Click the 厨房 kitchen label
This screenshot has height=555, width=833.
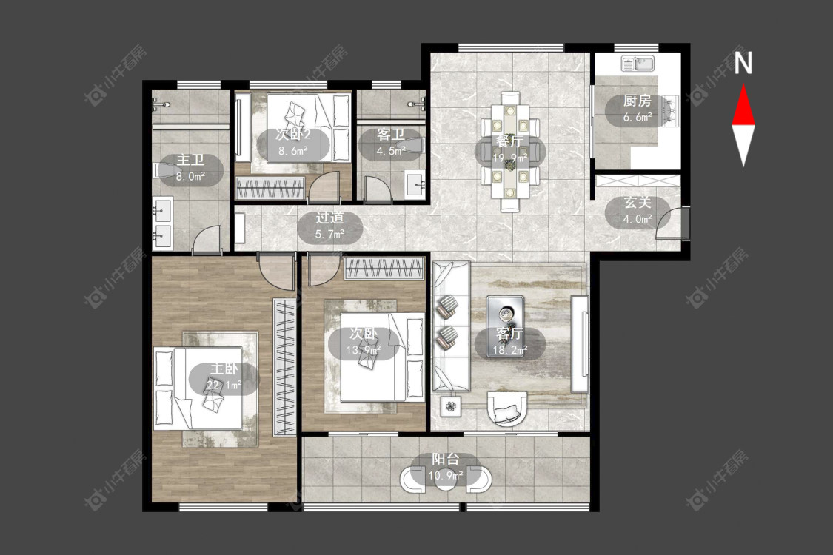coord(637,101)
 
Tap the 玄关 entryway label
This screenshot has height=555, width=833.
coord(638,202)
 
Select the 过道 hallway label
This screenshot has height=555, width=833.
coord(330,218)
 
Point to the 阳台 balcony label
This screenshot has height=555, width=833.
coord(445,460)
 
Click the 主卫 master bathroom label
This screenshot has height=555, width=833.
coord(191,160)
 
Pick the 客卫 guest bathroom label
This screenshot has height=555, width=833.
coord(391,135)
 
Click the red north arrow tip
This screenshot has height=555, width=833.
coord(743,84)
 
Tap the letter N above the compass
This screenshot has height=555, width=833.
coord(743,63)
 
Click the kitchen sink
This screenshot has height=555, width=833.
coord(638,64)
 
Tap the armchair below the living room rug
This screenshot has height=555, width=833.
coord(507,408)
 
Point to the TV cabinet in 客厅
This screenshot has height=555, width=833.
coord(580,344)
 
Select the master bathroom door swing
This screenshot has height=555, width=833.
coord(206,239)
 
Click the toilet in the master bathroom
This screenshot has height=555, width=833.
coord(163,170)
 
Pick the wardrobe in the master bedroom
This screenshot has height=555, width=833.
coord(284,368)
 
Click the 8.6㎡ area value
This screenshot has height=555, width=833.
coord(293,151)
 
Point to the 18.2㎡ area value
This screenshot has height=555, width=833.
coord(510,349)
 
